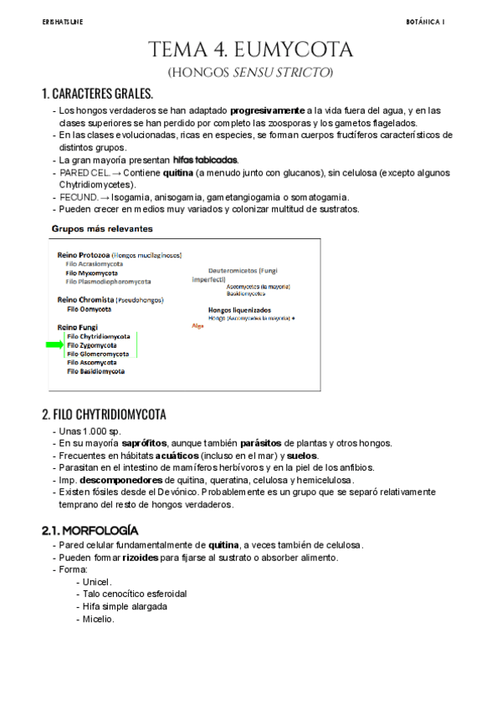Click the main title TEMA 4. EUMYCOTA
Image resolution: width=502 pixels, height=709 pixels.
[x=250, y=50]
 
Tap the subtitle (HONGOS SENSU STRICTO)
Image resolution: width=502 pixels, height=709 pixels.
[x=250, y=73]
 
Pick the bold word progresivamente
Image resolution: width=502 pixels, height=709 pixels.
[x=268, y=110]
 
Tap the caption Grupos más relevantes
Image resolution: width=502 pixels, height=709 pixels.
[x=102, y=227]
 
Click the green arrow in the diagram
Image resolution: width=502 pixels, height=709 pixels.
[x=55, y=344]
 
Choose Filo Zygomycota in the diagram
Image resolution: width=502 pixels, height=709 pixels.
[x=92, y=344]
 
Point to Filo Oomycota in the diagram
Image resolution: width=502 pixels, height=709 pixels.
[x=90, y=309]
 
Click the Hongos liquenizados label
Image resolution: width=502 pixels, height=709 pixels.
[x=239, y=309]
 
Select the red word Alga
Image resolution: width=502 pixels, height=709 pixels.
[x=197, y=325]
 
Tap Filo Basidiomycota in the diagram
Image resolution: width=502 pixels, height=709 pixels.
[x=95, y=371]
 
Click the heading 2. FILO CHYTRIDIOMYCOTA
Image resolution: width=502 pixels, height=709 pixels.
[x=104, y=415]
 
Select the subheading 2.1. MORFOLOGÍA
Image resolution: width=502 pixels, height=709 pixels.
[x=90, y=530]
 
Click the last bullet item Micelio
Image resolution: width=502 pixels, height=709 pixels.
[x=98, y=619]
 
